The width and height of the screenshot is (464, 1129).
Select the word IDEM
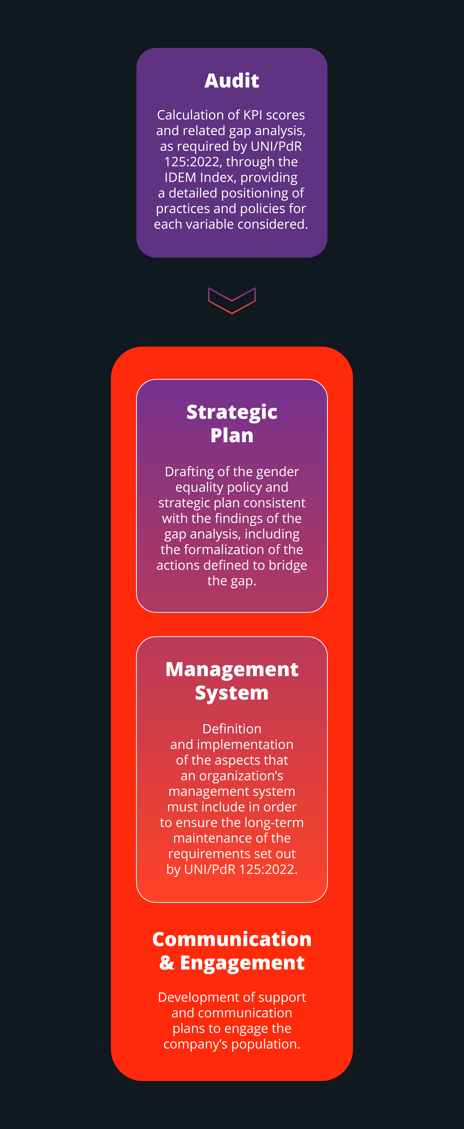(x=181, y=178)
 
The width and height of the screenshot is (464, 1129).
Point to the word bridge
(x=288, y=565)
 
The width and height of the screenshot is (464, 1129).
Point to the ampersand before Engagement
(x=167, y=963)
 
